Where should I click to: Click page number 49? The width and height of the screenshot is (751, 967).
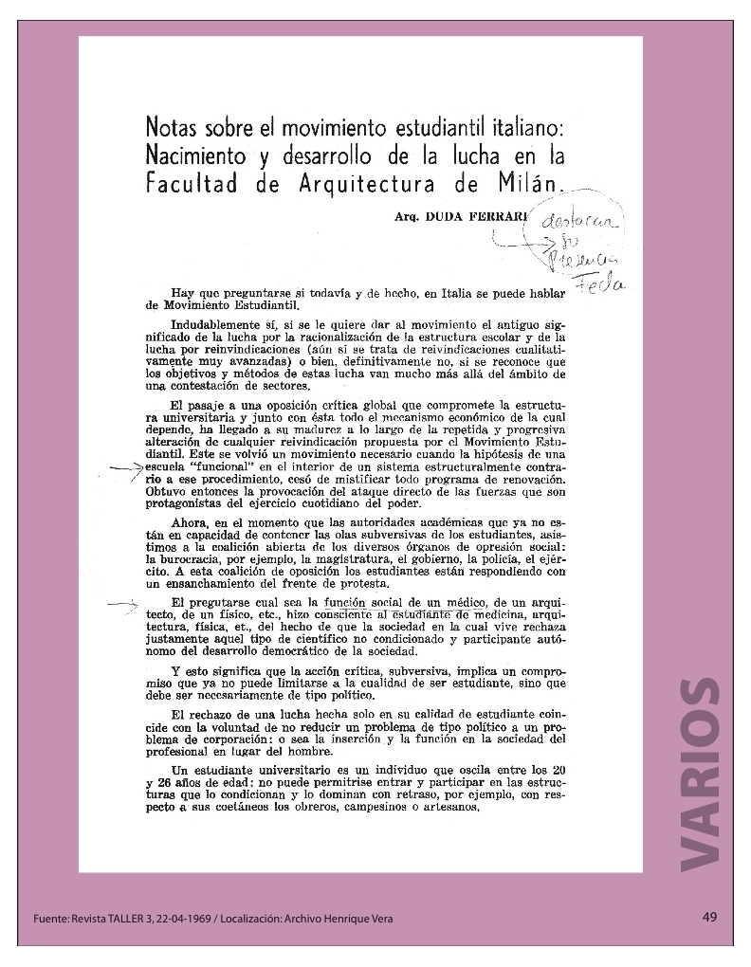click(709, 917)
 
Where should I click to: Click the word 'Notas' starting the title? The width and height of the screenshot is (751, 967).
click(173, 127)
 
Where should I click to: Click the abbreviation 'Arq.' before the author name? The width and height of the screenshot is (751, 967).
click(407, 217)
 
